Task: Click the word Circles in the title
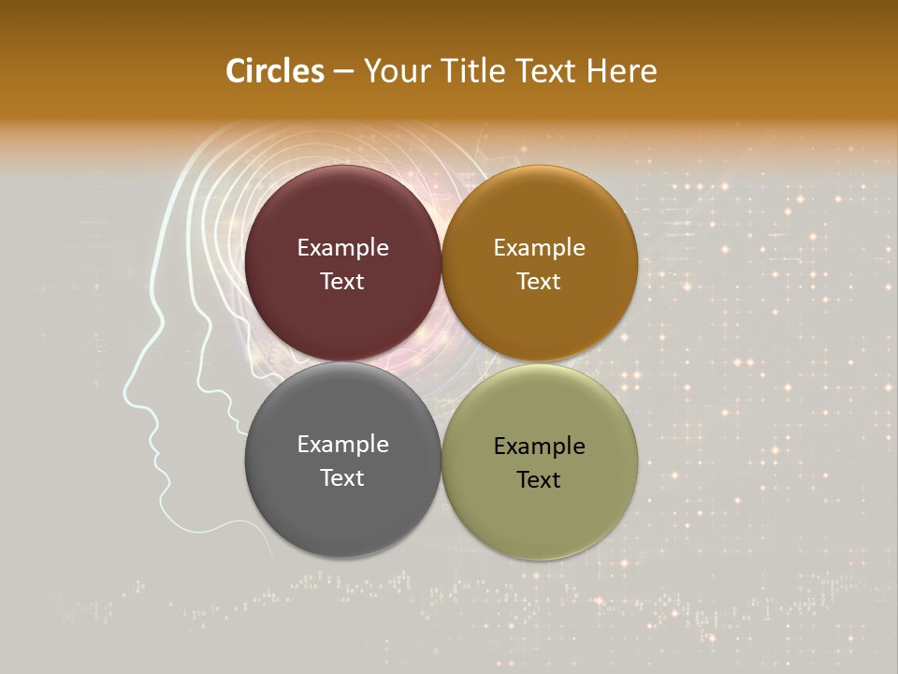coord(275,71)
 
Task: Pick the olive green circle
coord(539,515)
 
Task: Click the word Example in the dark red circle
coord(342,248)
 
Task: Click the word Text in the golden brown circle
coord(539,282)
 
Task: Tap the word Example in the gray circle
coord(342,445)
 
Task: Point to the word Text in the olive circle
coord(539,480)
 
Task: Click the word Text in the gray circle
coord(342,478)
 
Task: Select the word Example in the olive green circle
coord(539,447)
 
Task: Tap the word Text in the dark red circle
coord(342,282)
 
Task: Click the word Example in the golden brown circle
coord(539,248)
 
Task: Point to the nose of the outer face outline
coord(126,394)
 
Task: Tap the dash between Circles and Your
coord(343,72)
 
